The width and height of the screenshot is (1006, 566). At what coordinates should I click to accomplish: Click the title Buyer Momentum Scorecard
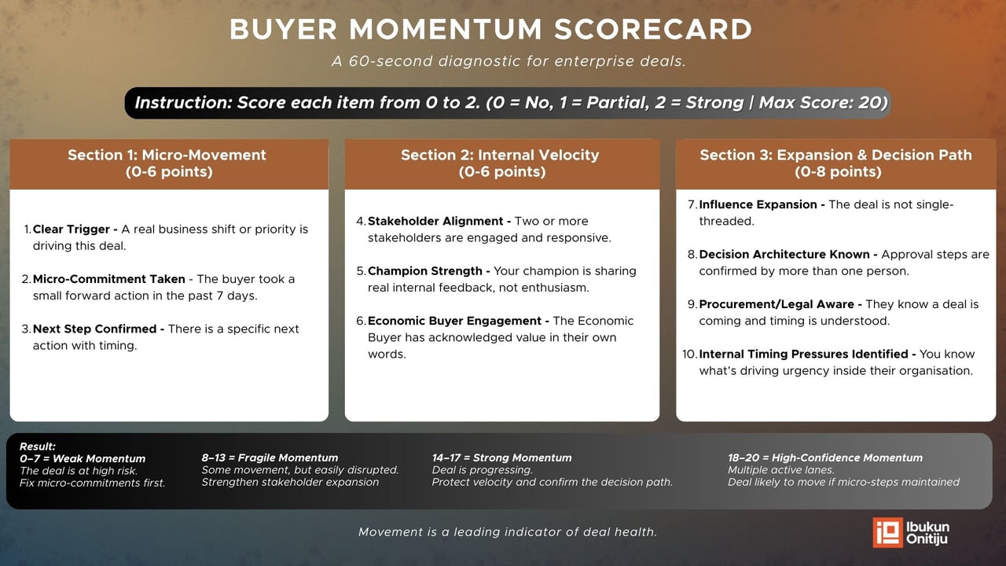coord(490,30)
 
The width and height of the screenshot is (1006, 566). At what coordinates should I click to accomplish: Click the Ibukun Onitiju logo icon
coord(887,532)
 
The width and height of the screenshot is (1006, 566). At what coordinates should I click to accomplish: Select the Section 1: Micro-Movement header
coord(167,164)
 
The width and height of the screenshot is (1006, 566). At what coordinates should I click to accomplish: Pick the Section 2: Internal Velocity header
coord(501,164)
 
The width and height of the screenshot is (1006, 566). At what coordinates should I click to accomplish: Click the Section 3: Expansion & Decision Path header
coord(835,164)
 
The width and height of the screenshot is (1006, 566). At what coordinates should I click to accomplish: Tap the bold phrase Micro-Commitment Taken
coord(108,279)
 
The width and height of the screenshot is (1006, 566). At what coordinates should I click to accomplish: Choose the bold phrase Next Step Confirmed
coord(97,329)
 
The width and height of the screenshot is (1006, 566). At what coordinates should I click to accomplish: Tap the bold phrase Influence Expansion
coord(760,204)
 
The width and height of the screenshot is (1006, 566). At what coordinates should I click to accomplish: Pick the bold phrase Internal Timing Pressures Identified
coord(806,354)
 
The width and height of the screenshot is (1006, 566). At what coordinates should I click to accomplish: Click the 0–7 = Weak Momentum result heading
coord(83,458)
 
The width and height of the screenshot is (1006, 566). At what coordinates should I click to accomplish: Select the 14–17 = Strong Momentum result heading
coord(501,458)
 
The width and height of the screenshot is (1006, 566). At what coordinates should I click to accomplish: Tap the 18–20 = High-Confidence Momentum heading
coord(824,458)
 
